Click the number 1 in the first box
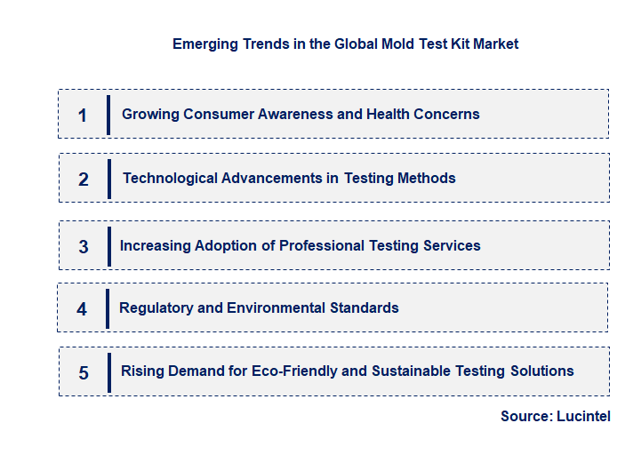(83, 116)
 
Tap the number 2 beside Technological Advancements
(84, 180)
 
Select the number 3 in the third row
(84, 247)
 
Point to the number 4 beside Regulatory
(82, 309)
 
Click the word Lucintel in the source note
(583, 416)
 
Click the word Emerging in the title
(203, 44)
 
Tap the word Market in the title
(495, 44)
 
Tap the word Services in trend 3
(452, 245)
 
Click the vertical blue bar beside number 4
(108, 308)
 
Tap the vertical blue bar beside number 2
(108, 179)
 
